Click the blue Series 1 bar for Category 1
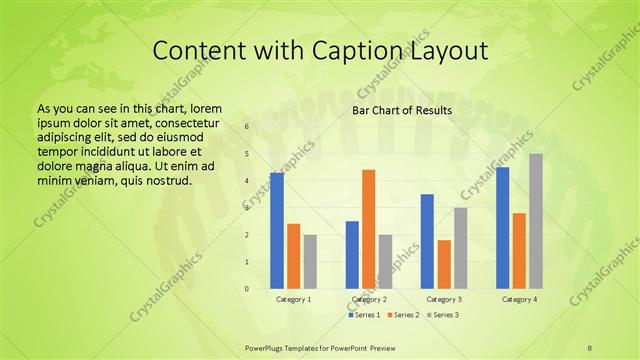[276, 231]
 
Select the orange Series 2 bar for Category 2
[368, 229]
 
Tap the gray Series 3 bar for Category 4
[536, 221]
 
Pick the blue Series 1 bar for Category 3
[427, 241]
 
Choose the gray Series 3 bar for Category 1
[310, 262]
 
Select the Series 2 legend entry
[403, 314]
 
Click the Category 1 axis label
[293, 299]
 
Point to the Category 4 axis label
[519, 299]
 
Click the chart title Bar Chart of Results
[402, 110]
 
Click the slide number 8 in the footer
[590, 346]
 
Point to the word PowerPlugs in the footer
[266, 346]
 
